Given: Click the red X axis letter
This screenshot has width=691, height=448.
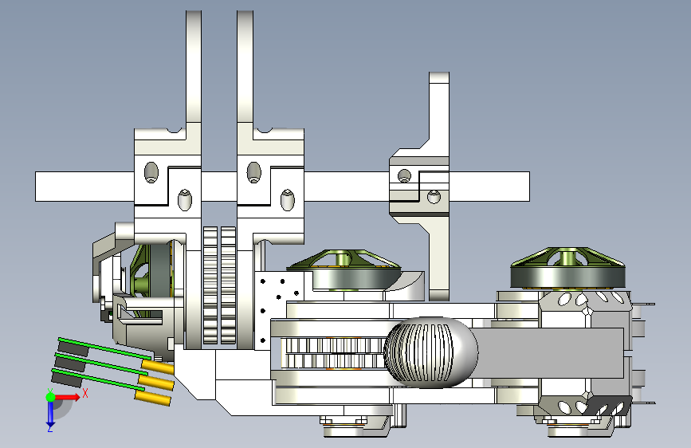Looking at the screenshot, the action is coord(85,393).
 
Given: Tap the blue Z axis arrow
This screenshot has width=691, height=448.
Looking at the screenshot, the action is coord(50,412).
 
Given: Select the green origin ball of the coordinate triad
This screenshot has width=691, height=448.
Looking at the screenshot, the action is coord(51,397).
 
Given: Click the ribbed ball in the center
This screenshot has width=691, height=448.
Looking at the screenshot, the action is coord(430,352).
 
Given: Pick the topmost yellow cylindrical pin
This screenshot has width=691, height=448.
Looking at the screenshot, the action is coord(158,367).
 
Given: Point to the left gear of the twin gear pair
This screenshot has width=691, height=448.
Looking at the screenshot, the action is coord(210,285).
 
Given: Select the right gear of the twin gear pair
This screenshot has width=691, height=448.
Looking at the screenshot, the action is coord(228,285).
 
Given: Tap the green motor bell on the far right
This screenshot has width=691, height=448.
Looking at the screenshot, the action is coord(567,268).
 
